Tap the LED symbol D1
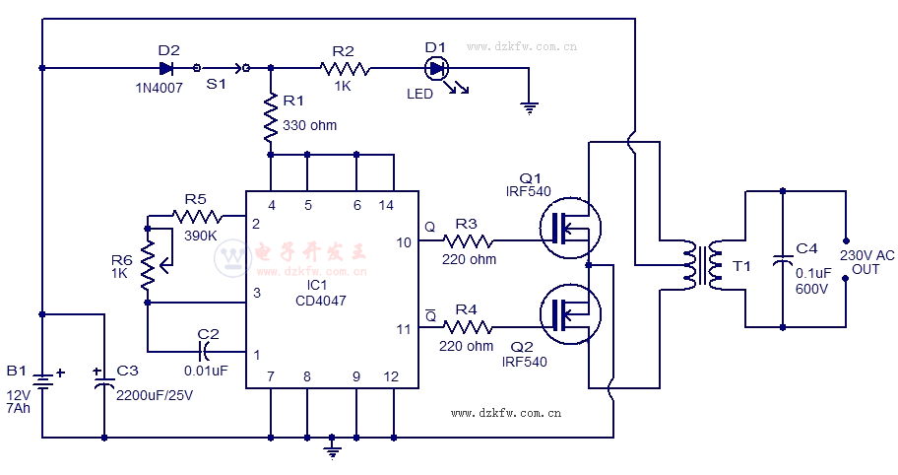(436, 68)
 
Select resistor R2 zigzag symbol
(345, 68)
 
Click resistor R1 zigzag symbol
(271, 120)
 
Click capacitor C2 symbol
(207, 351)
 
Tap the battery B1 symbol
(41, 378)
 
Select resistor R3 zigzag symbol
(468, 240)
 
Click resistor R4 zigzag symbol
(468, 325)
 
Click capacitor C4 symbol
(782, 262)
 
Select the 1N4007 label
(160, 88)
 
